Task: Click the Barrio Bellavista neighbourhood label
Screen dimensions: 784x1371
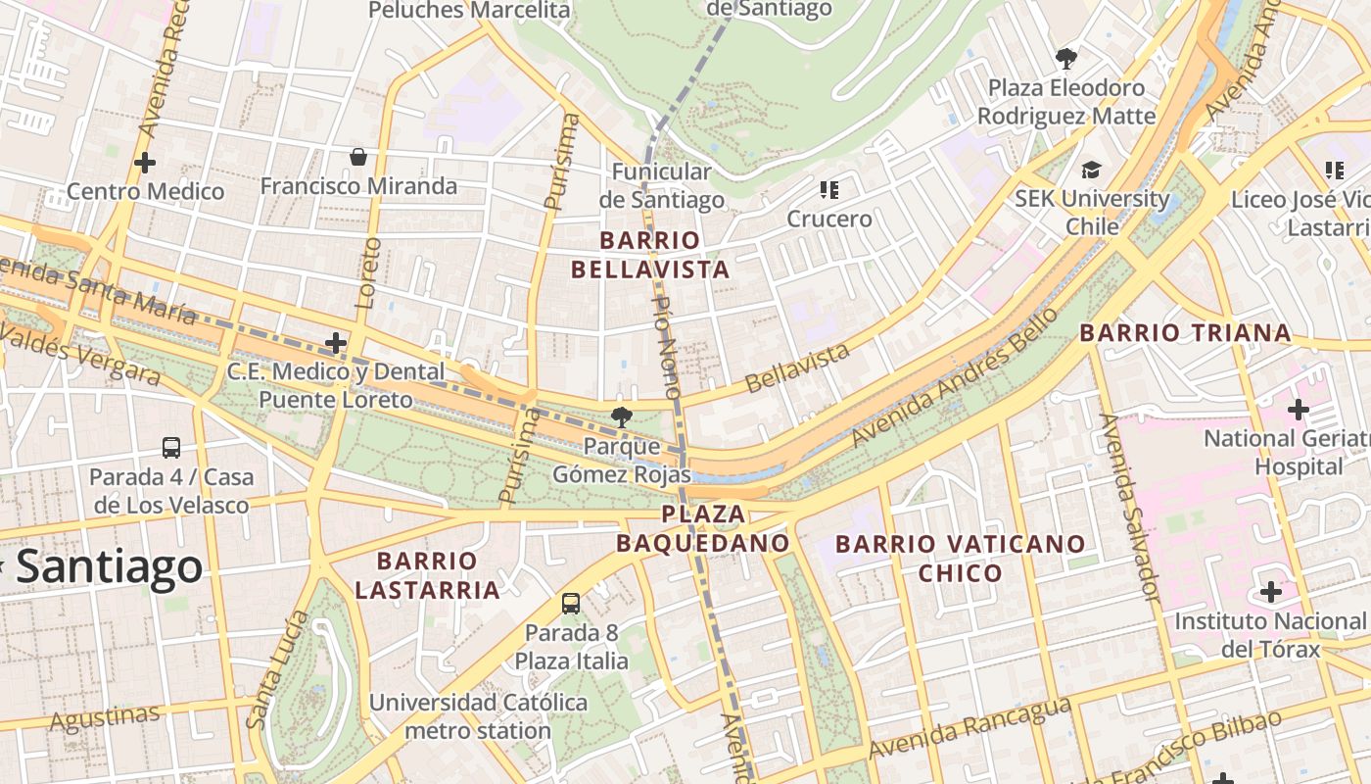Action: tap(664, 255)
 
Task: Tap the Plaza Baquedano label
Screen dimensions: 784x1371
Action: tap(703, 528)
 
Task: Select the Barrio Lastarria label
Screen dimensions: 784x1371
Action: tap(427, 575)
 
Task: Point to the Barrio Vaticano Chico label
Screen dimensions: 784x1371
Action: tap(960, 558)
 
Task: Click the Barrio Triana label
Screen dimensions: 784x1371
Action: tap(1185, 333)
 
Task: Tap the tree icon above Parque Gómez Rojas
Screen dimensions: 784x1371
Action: tap(620, 417)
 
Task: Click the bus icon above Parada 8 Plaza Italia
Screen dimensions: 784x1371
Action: tap(571, 604)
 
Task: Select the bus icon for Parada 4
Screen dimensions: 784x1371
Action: tap(171, 448)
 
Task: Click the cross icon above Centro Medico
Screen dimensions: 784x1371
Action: tap(145, 162)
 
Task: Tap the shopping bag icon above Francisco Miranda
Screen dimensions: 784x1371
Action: tap(358, 157)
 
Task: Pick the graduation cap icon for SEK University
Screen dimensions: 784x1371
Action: tap(1091, 171)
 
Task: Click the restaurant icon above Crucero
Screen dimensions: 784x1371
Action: tap(829, 189)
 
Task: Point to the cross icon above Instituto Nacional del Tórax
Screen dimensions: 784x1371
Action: tap(1270, 592)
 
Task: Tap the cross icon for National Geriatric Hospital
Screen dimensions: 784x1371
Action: tap(1298, 409)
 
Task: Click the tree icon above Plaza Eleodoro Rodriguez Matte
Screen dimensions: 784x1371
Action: tap(1065, 59)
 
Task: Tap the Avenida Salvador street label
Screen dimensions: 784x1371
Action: tap(1130, 508)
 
